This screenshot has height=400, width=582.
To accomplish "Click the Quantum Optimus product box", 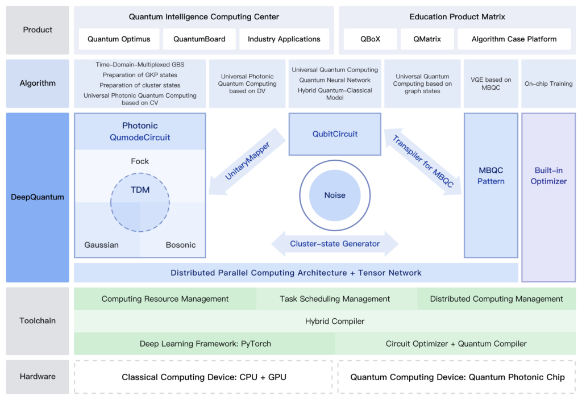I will [119, 39].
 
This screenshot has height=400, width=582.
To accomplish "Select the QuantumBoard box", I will [199, 39].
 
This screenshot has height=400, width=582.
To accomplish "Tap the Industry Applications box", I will [284, 39].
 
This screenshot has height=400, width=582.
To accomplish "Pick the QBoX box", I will [370, 39].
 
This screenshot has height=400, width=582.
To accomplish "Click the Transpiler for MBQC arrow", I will [423, 161].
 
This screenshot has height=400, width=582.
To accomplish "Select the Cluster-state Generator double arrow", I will [335, 244].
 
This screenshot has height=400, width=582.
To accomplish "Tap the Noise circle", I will [335, 195].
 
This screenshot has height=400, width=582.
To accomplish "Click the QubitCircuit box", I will [335, 134].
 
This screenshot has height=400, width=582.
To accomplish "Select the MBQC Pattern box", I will [491, 176].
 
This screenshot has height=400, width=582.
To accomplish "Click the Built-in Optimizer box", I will [548, 176].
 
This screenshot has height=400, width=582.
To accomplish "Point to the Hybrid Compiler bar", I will [335, 321].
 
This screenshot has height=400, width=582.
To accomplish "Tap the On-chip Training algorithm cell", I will [548, 84].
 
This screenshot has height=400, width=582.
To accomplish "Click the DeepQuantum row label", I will [38, 197].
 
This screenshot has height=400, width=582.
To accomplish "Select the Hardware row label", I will [38, 377].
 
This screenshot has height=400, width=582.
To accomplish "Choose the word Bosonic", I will [181, 245].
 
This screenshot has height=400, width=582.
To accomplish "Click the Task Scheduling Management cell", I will [335, 299].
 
